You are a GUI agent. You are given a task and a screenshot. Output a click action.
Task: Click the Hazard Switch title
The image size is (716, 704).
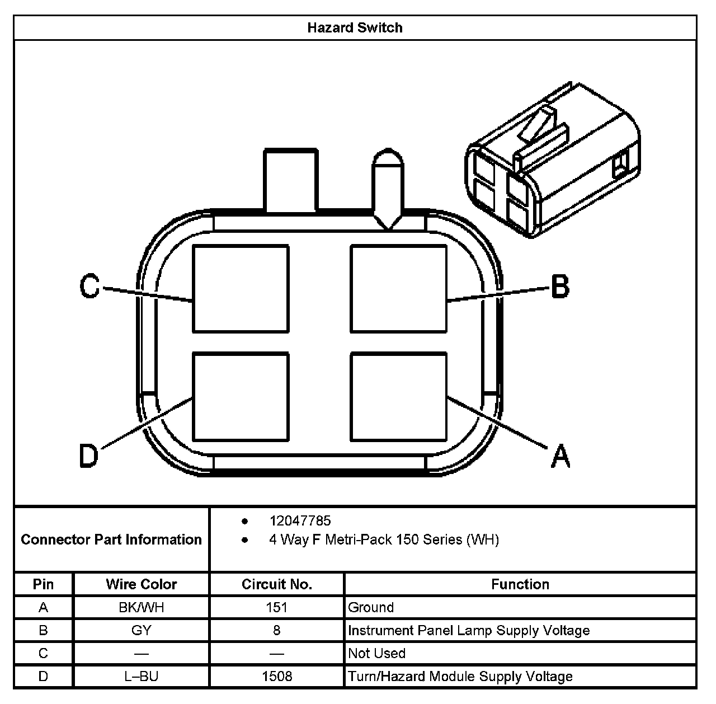[x=355, y=27]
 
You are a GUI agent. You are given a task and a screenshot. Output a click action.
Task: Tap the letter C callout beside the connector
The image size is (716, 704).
[x=89, y=287]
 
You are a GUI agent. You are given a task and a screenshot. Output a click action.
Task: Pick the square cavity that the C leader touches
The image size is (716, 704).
[x=241, y=288]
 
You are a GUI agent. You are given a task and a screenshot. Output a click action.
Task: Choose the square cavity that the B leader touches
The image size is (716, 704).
[x=398, y=288]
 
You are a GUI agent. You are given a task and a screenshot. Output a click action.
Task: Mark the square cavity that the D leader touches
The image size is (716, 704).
[x=241, y=396]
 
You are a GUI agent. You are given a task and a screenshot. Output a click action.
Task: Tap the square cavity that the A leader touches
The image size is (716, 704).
[x=398, y=396]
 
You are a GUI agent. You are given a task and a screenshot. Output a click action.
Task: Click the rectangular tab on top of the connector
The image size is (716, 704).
[x=291, y=180]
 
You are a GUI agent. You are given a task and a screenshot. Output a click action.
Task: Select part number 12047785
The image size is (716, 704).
[x=300, y=521]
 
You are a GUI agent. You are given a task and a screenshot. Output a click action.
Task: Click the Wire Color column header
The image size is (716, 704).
[x=141, y=584]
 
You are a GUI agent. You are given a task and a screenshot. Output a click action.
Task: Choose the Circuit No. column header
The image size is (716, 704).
[x=277, y=584]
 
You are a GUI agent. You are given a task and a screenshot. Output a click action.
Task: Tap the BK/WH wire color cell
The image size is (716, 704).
[x=141, y=607]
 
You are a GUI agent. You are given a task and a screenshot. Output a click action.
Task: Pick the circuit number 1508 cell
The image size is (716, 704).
[x=277, y=677]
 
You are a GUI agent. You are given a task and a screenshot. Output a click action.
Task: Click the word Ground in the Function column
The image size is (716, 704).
[x=371, y=607]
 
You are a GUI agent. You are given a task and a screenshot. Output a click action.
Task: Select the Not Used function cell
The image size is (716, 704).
[x=376, y=653]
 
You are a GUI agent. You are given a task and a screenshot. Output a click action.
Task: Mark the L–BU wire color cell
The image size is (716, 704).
[x=141, y=677]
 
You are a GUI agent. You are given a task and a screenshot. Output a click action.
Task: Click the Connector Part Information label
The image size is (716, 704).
[x=111, y=539]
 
